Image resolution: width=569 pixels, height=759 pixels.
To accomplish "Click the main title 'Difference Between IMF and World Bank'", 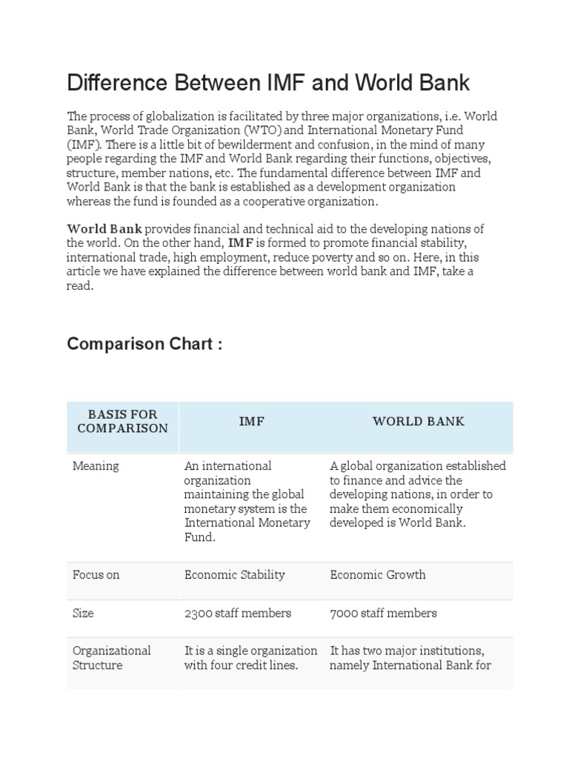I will tap(268, 82).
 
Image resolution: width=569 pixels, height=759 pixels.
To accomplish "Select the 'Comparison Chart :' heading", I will tap(144, 344).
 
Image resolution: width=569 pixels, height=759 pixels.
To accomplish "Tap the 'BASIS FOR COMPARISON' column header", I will tap(122, 421).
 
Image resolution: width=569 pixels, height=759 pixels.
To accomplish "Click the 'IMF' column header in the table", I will tap(252, 421).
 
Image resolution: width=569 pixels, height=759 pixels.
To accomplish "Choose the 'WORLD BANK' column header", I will tap(418, 421).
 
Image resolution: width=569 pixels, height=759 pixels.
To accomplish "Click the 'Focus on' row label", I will tap(96, 575).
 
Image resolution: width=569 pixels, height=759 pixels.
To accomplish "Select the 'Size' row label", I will tap(83, 613).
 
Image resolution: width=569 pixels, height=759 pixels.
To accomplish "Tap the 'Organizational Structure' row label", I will tap(111, 657).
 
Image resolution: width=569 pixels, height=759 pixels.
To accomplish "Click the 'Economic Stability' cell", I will tap(234, 575).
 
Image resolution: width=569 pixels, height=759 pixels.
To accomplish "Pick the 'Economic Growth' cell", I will tap(378, 575).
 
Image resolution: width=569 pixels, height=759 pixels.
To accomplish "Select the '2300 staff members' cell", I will tap(237, 613).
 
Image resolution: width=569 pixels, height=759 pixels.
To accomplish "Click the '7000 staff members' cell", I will tap(383, 613).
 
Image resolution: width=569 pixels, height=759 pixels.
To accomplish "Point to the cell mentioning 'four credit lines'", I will tap(250, 657).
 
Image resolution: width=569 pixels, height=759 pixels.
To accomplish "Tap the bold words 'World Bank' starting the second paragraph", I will tap(104, 228).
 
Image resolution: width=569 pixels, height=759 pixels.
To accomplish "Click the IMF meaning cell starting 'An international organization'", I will tap(247, 501).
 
